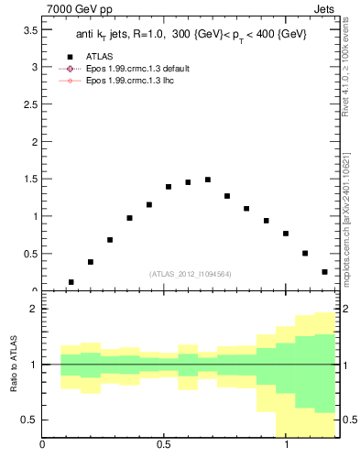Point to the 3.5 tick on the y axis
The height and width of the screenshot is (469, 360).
[x=28, y=30]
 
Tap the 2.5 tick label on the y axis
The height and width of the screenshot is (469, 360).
[x=28, y=104]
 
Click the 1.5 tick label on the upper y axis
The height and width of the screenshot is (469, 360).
[x=28, y=180]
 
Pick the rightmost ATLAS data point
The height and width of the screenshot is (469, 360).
[x=324, y=272]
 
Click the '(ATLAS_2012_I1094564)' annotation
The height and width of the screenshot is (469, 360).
[x=189, y=273]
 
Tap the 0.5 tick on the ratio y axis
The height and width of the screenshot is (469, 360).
[x=28, y=420]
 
